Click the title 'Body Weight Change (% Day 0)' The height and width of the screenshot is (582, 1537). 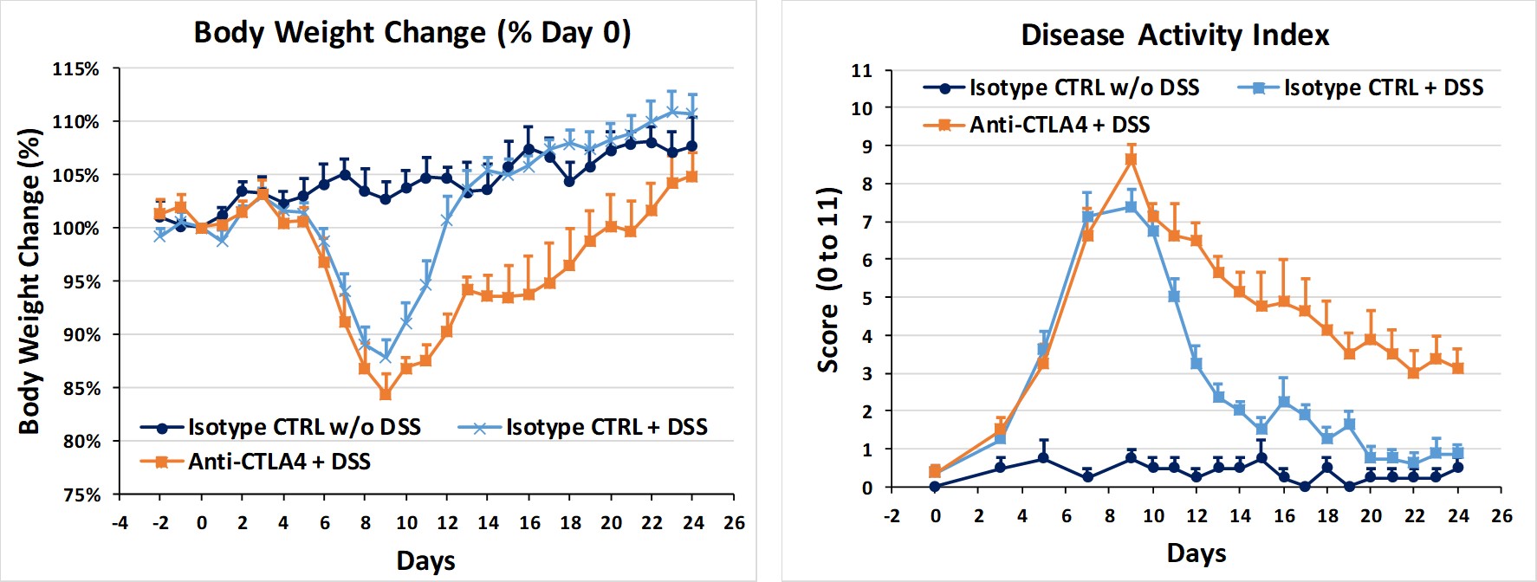[x=412, y=33]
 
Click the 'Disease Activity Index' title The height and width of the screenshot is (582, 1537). [x=1174, y=36]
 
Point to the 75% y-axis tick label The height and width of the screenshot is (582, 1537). [x=81, y=495]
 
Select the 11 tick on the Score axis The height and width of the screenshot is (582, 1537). [x=861, y=71]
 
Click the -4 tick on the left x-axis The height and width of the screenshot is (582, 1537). [x=120, y=523]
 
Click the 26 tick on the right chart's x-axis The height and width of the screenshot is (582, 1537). [x=1501, y=516]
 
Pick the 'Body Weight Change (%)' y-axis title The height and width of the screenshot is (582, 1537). [x=29, y=281]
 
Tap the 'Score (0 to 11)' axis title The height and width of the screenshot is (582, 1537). [x=828, y=279]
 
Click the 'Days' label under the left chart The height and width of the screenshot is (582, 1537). [x=425, y=561]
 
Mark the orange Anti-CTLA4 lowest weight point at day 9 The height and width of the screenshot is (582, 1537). [x=386, y=394]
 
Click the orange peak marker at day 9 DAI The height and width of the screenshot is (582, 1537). [x=1131, y=159]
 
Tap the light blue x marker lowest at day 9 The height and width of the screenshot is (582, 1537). [x=386, y=357]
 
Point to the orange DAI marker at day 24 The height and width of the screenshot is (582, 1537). [x=1458, y=368]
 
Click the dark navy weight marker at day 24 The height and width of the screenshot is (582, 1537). [x=691, y=146]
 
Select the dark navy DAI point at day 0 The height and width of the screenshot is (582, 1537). [x=935, y=487]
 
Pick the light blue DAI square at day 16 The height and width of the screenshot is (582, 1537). [x=1284, y=402]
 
